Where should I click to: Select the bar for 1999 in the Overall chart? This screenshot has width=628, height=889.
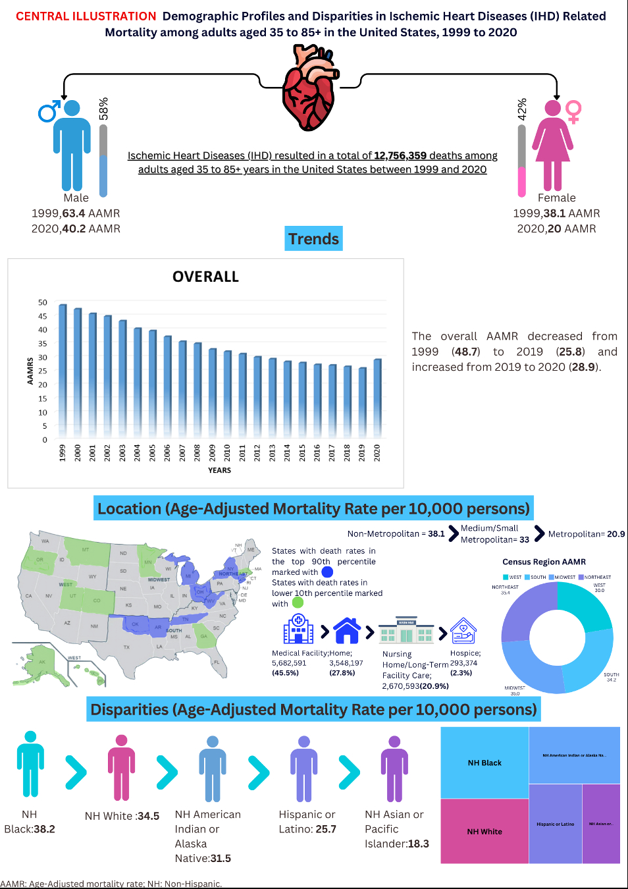pos(63,369)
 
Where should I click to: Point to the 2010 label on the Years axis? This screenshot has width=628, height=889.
pos(227,452)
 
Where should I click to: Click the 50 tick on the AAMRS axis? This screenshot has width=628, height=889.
pos(43,302)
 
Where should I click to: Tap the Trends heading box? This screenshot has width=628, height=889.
pos(314,238)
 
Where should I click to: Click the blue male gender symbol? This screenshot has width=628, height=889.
pos(49,111)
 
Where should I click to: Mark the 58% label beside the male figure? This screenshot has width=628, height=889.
pos(103,109)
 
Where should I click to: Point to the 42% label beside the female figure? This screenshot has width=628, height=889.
pos(522,109)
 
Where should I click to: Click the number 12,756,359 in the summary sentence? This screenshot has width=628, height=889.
pos(400,155)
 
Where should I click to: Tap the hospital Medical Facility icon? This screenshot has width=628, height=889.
pos(298,629)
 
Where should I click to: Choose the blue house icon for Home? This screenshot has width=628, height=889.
pos(347,630)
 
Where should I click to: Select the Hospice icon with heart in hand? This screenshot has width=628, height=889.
pos(463,630)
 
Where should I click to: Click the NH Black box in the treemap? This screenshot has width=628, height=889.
pos(484,763)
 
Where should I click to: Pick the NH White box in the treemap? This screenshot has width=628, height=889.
pos(484,831)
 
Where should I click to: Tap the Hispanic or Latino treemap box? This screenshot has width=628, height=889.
pos(556,824)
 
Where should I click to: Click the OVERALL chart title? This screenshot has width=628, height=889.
pos(205,277)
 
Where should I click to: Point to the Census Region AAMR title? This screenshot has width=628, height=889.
pos(544,562)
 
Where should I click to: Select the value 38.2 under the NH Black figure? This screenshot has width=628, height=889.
pos(44,829)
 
